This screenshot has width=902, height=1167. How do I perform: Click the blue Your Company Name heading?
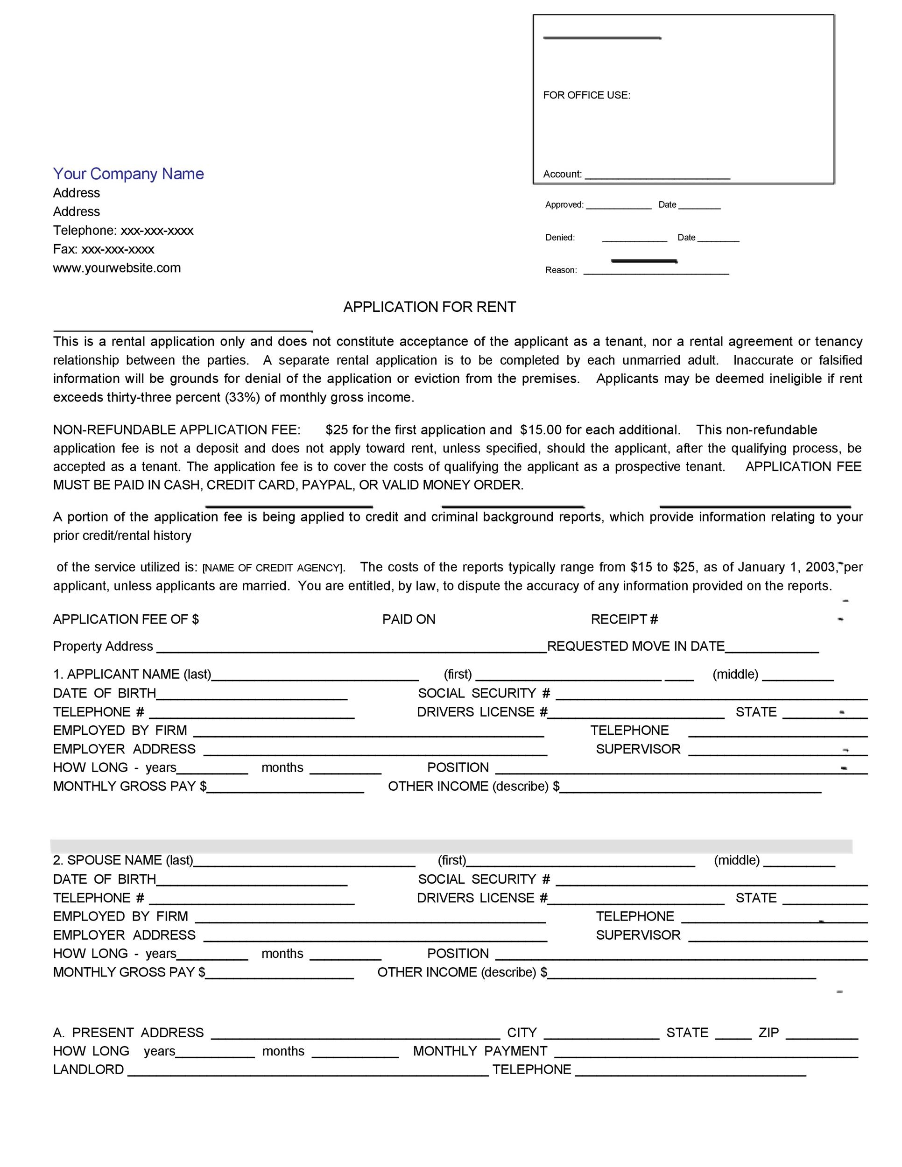point(128,174)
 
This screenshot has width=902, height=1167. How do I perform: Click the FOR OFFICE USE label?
point(586,95)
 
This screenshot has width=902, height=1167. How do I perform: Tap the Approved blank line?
point(618,205)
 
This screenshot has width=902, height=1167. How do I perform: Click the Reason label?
point(561,270)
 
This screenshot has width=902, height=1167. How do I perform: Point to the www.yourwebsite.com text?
point(117,267)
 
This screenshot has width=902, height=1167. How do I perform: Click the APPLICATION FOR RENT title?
point(429,307)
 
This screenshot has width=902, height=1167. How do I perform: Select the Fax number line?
point(103,249)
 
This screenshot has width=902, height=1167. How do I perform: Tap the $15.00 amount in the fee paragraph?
point(540,429)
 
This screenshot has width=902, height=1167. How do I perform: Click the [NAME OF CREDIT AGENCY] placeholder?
point(273,568)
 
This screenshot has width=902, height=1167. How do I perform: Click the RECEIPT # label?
point(624,619)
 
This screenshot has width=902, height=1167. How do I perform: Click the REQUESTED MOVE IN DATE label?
point(635,646)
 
